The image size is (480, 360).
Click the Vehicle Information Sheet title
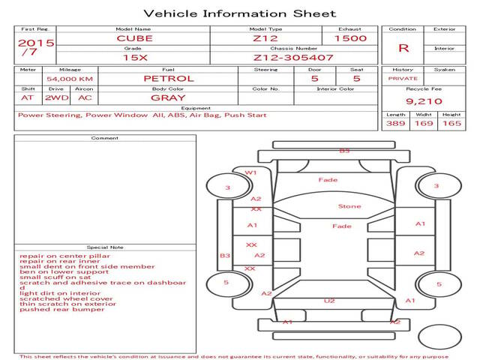pyautogui.click(x=239, y=13)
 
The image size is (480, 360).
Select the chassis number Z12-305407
pyautogui.click(x=282, y=57)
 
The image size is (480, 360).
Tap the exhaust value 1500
pyautogui.click(x=350, y=38)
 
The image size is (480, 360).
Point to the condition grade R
pyautogui.click(x=403, y=47)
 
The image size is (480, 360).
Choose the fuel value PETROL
pyautogui.click(x=169, y=78)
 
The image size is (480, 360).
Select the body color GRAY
pyautogui.click(x=169, y=97)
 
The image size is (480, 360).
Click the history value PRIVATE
pyautogui.click(x=403, y=78)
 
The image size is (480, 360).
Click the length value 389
pyautogui.click(x=396, y=123)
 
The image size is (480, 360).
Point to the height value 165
pyautogui.click(x=451, y=123)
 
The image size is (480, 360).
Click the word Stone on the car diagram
pyautogui.click(x=349, y=206)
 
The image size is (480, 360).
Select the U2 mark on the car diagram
pyautogui.click(x=328, y=301)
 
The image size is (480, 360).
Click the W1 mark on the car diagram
pyautogui.click(x=250, y=172)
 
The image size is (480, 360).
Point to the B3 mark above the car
pyautogui.click(x=344, y=151)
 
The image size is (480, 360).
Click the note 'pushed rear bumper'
pyautogui.click(x=52, y=309)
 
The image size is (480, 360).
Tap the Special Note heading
pyautogui.click(x=104, y=247)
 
